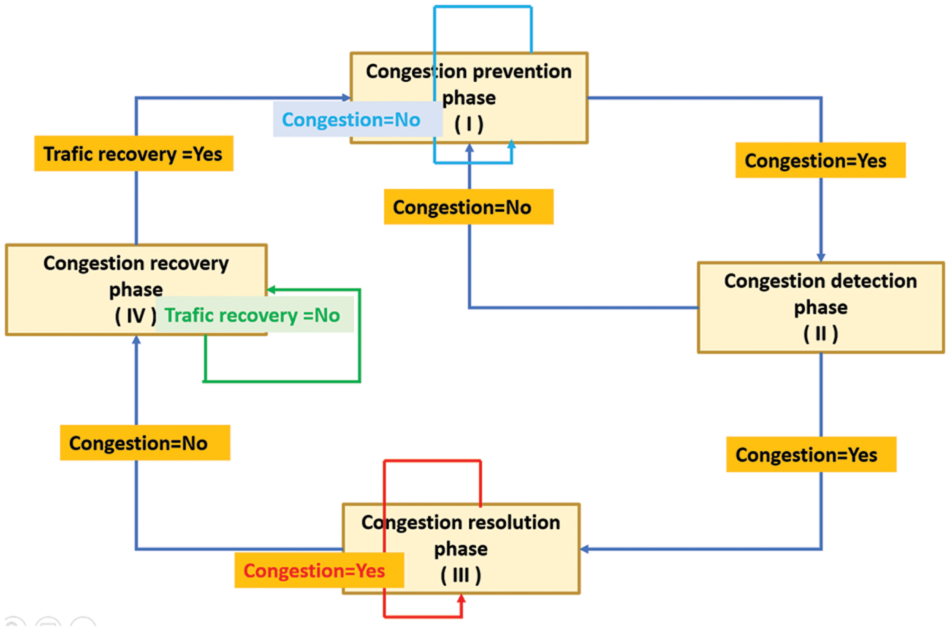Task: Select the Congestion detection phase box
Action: tap(821, 307)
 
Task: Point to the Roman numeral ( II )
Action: tap(821, 335)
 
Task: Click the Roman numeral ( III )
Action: tap(461, 576)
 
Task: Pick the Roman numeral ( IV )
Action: tap(135, 315)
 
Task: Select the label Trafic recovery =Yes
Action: tap(133, 154)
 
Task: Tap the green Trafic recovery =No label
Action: tap(252, 315)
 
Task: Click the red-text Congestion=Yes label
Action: tap(315, 570)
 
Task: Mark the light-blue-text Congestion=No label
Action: tap(351, 120)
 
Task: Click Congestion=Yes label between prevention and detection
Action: tap(820, 161)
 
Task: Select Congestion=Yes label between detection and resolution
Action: tap(811, 455)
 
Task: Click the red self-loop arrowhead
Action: tap(460, 601)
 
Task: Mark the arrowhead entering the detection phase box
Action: tap(822, 257)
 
